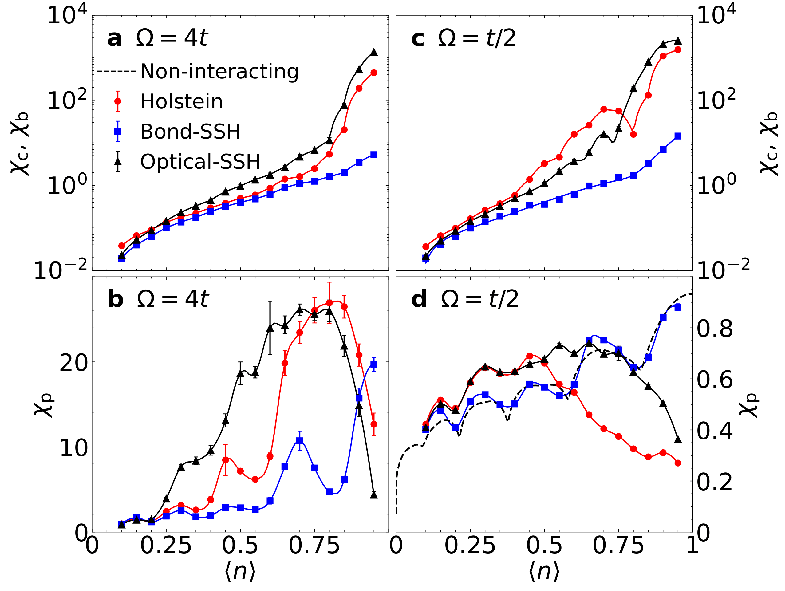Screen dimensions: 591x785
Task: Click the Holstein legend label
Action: pyautogui.click(x=181, y=102)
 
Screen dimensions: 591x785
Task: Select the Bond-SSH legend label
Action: pyautogui.click(x=190, y=132)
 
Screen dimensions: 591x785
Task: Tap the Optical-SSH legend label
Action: pyautogui.click(x=200, y=162)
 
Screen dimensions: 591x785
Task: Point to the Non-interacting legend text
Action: pyautogui.click(x=219, y=72)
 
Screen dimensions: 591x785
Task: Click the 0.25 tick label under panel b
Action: pyautogui.click(x=166, y=546)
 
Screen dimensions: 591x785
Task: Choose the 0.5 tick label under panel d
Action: pyautogui.click(x=544, y=546)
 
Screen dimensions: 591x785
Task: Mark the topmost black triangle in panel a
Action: pyautogui.click(x=374, y=52)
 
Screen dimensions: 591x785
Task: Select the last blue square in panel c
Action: pyautogui.click(x=678, y=136)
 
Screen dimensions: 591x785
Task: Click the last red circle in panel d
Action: pyautogui.click(x=678, y=463)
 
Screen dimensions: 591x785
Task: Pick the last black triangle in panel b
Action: pyautogui.click(x=374, y=495)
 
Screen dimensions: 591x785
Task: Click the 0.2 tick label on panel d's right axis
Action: pyautogui.click(x=714, y=482)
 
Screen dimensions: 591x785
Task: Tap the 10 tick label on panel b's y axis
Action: pyautogui.click(x=73, y=448)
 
